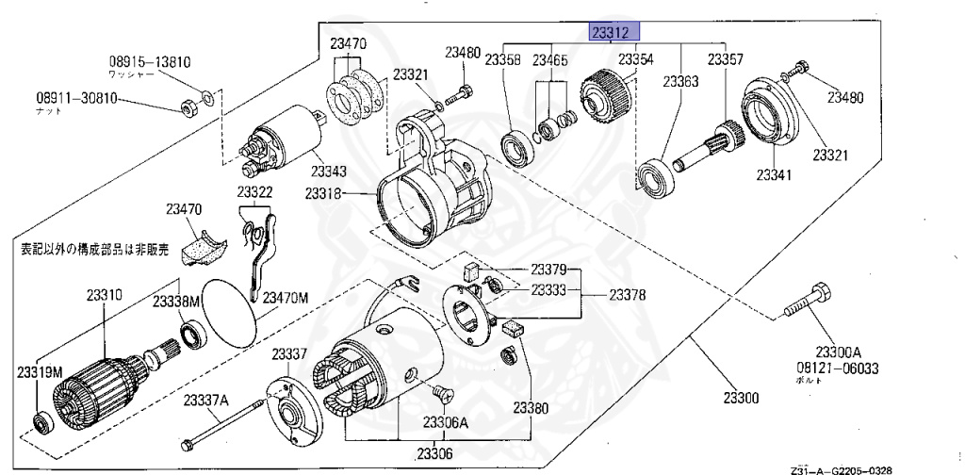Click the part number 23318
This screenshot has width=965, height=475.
coord(325,193)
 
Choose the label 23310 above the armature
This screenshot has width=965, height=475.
coord(100,295)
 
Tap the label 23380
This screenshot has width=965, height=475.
coord(530,408)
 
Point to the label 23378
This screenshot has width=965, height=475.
coord(628,295)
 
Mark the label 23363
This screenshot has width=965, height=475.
coord(679,82)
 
